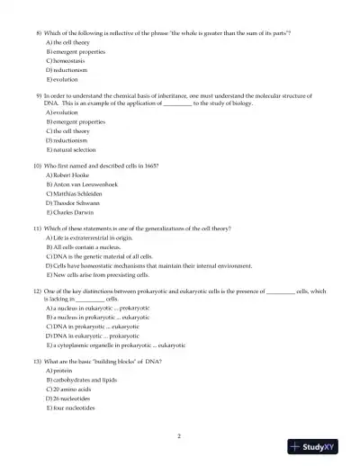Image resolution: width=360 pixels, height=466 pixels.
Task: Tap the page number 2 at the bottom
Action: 180,435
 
